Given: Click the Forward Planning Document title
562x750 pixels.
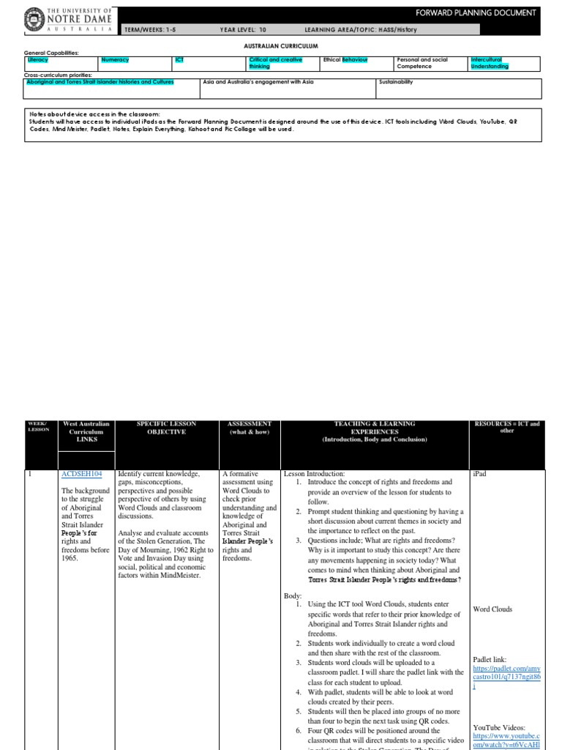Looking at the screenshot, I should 487,12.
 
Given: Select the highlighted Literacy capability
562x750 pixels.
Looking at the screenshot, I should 37,59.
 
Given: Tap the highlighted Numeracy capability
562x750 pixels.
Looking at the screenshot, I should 114,59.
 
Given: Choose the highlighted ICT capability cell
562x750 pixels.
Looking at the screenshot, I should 179,59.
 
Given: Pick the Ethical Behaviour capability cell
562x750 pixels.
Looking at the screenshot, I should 345,59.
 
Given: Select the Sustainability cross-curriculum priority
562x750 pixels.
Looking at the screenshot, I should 396,82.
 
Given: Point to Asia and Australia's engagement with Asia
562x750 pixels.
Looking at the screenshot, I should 258,82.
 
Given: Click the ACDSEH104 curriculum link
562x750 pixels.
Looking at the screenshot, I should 82,474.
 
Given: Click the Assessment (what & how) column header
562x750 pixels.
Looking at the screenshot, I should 250,428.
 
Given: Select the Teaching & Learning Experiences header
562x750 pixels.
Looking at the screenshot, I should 374,431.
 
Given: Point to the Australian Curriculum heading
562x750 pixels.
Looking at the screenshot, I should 282,45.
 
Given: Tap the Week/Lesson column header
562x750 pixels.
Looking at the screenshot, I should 37,426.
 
